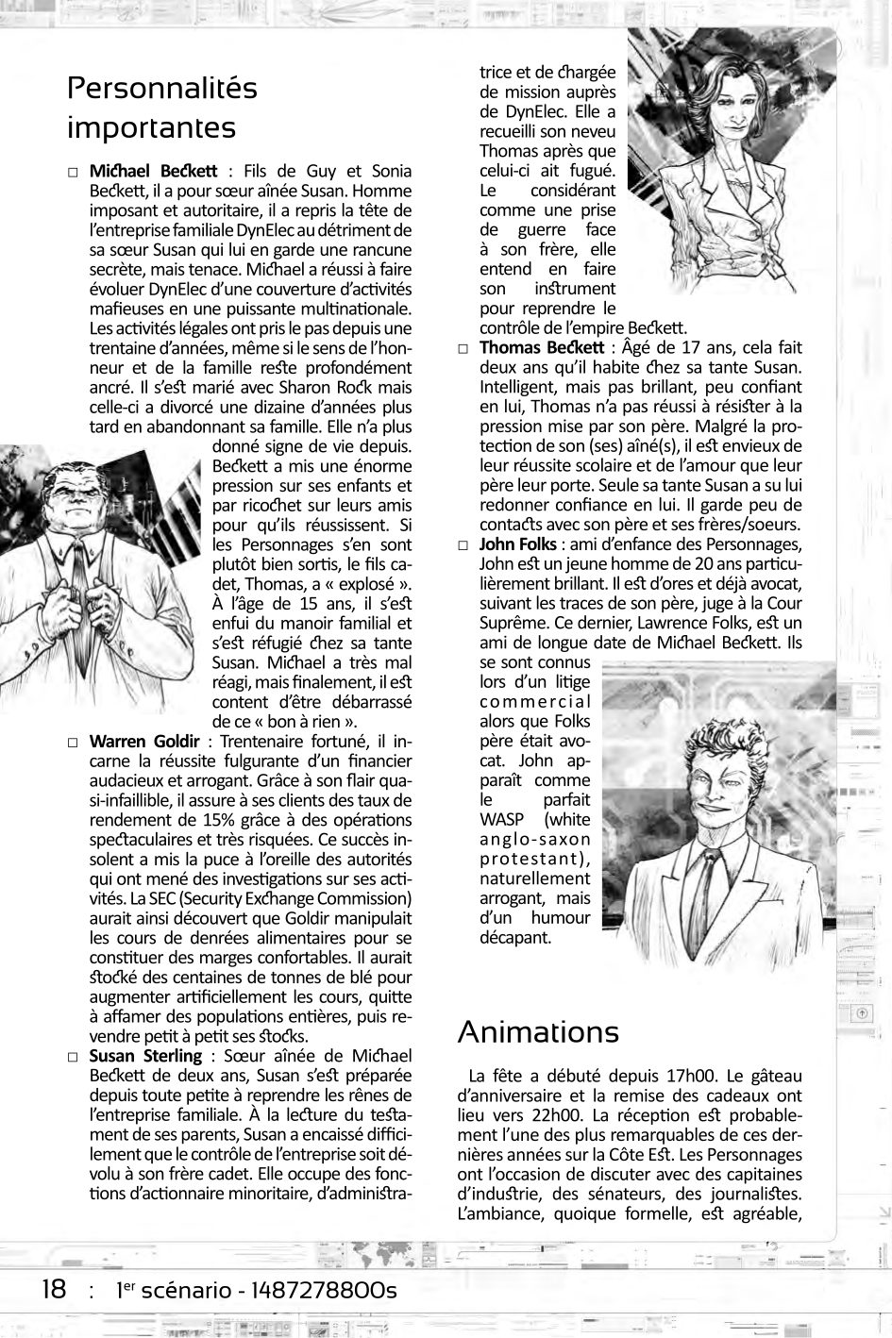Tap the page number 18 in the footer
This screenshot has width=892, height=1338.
53,1289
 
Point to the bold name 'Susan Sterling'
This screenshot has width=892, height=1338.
145,1055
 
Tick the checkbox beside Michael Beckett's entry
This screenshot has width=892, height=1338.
73,172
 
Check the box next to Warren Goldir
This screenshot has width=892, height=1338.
73,742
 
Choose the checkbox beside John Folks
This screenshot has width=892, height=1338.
463,545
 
